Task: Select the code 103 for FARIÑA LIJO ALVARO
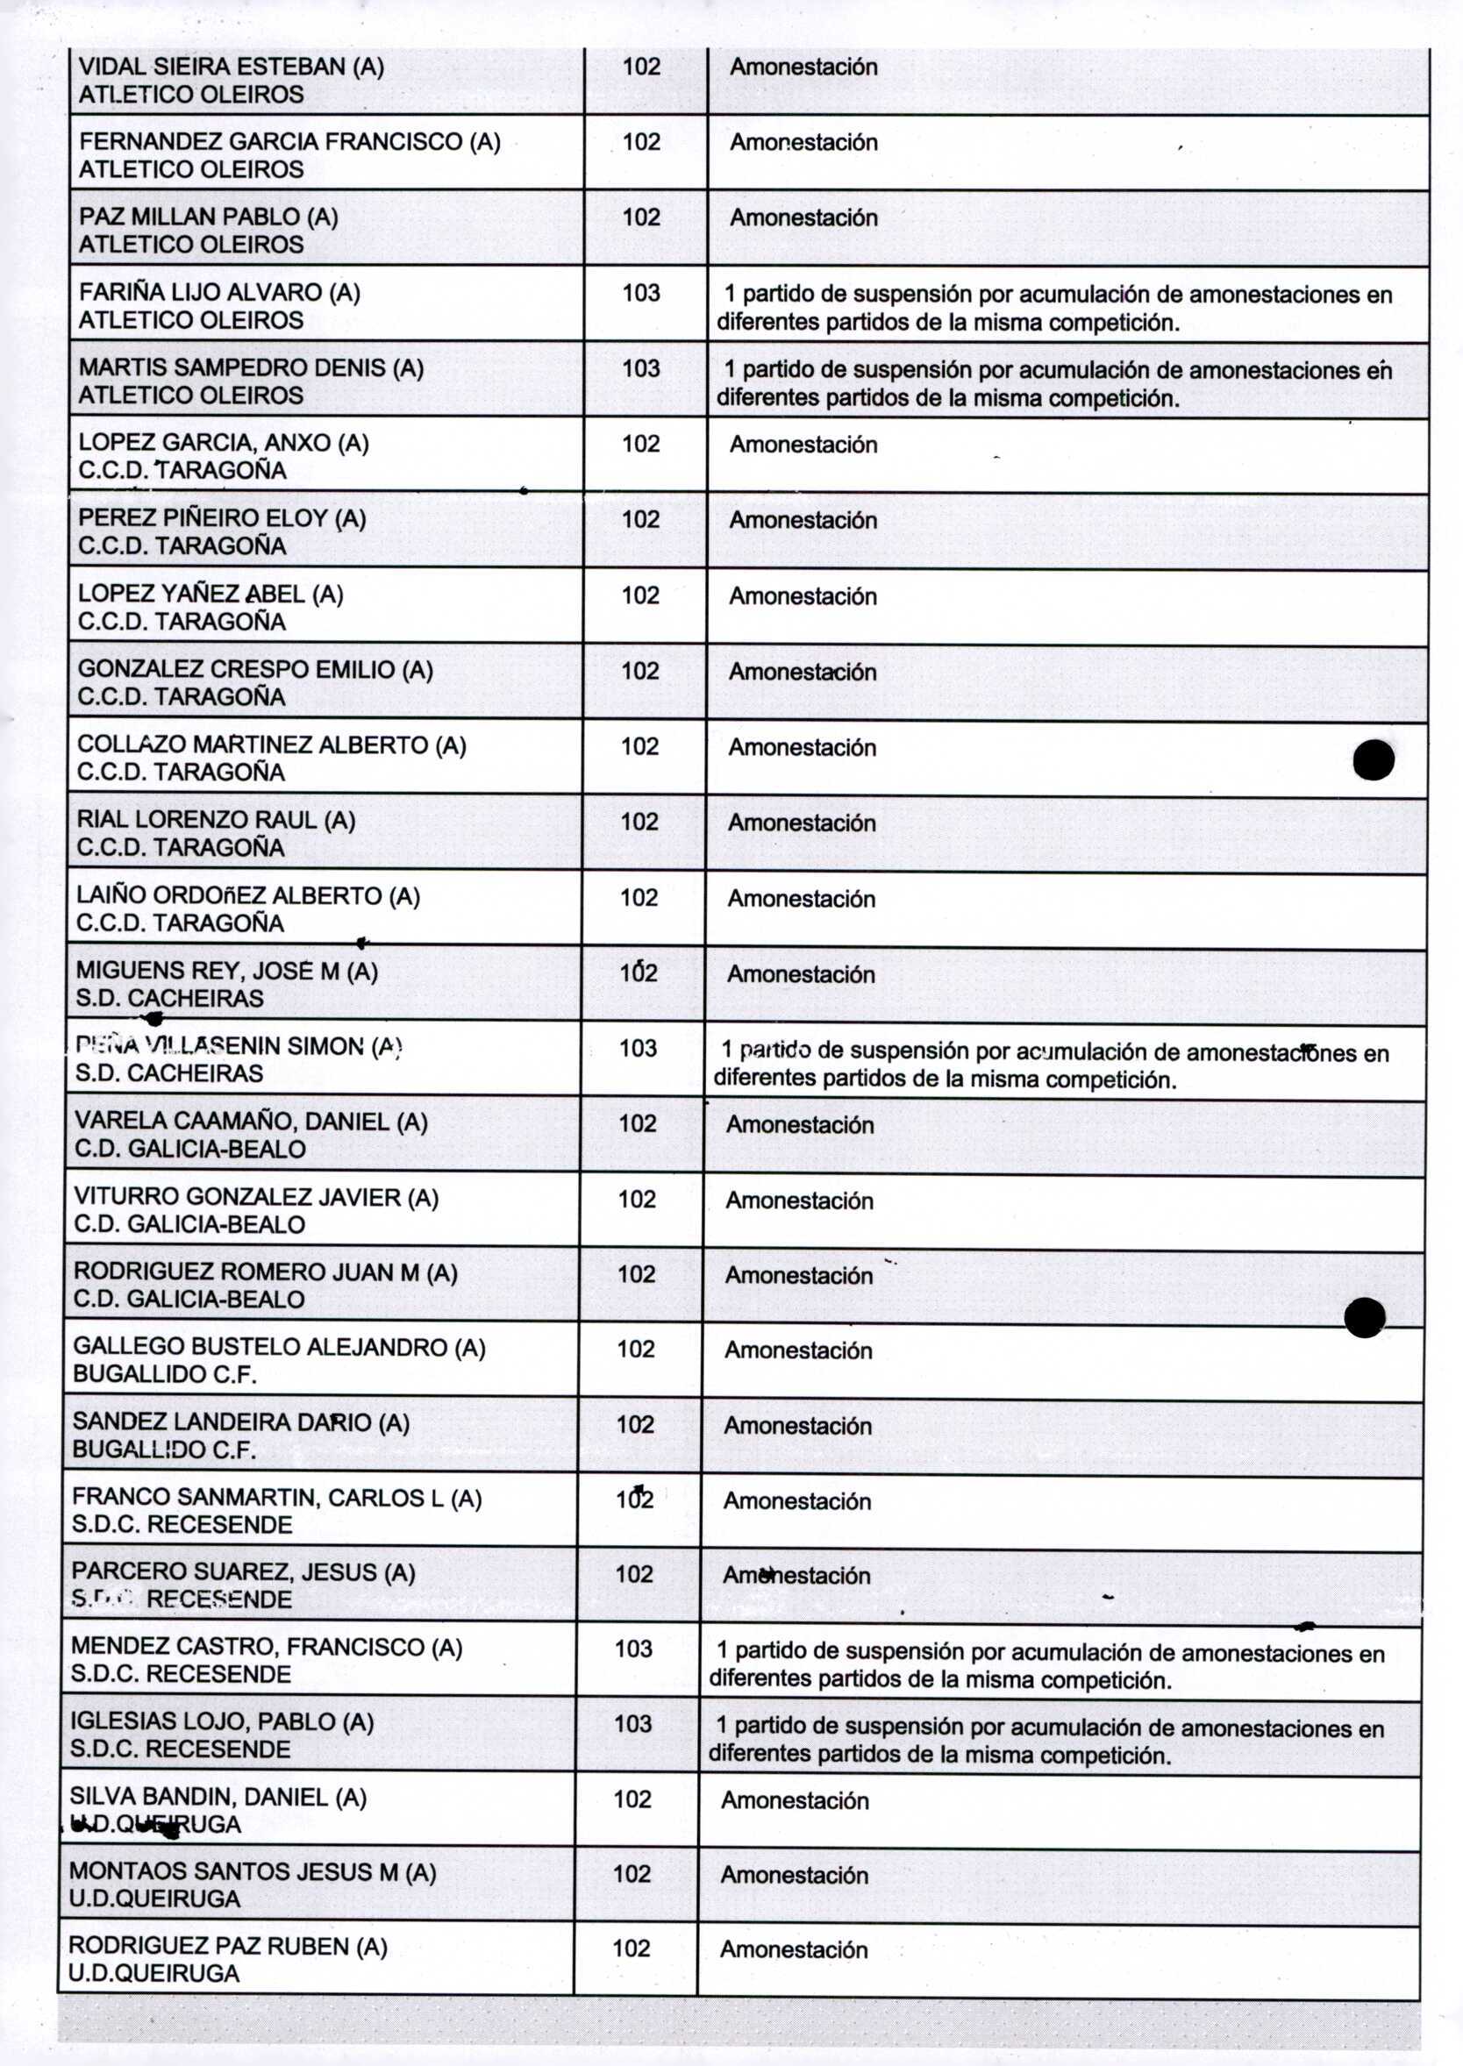(x=640, y=293)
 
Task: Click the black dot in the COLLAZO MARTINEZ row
(x=1373, y=759)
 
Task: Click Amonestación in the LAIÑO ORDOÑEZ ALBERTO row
(x=801, y=899)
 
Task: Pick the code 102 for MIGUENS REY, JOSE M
(x=638, y=972)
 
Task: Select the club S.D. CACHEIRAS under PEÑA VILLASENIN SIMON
(x=169, y=1073)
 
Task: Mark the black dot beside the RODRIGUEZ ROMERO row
(x=1364, y=1318)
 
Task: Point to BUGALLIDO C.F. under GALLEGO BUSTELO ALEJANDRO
(x=165, y=1374)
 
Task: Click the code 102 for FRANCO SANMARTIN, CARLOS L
(x=634, y=1499)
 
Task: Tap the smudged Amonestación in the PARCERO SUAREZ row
(x=796, y=1575)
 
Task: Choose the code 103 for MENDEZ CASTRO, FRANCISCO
(x=633, y=1649)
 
